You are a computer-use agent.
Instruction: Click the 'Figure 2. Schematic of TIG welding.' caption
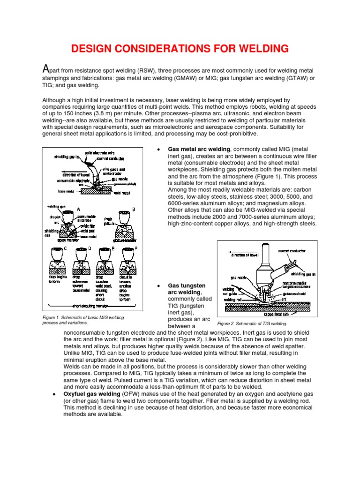[252, 324]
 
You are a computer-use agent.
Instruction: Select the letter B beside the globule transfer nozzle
[134, 209]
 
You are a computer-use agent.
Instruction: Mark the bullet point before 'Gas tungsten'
[159, 285]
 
